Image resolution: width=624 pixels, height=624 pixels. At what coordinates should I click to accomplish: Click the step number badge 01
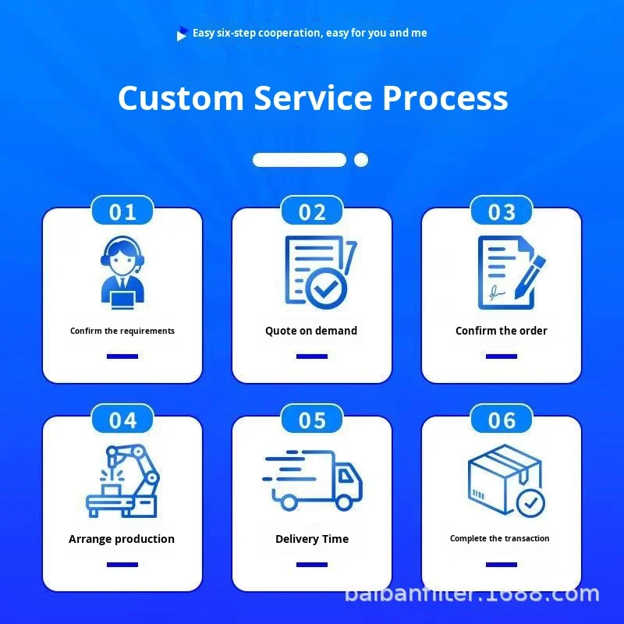coord(122,212)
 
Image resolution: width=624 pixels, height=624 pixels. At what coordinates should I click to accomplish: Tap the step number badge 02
coord(312,212)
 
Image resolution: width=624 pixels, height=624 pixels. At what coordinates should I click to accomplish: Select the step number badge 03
coord(502,212)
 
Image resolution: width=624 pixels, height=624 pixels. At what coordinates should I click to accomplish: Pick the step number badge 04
coord(122,420)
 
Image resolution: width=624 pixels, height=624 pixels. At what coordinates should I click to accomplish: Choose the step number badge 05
coord(312,420)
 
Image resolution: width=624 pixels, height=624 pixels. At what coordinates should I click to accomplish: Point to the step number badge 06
coord(502,420)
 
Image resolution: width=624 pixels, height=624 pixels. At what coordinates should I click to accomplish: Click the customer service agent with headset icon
coord(122,271)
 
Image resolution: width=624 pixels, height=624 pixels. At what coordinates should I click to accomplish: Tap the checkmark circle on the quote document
coord(326,289)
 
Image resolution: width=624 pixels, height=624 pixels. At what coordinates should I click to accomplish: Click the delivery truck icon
coord(314,479)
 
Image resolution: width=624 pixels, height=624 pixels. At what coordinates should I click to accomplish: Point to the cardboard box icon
coord(504,477)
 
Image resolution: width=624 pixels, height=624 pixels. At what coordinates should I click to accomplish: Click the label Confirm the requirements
coord(122,331)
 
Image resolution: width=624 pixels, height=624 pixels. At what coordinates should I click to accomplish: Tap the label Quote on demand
coord(311,331)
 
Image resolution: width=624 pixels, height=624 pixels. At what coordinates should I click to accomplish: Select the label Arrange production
coord(122,539)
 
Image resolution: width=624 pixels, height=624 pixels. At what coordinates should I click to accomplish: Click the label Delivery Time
coord(312,539)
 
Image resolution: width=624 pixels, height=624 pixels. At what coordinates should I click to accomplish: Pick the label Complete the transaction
coord(500,538)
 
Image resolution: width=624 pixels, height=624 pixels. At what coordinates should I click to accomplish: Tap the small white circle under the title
coord(361,160)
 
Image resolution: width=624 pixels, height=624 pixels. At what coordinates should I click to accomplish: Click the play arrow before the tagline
coord(182,34)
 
